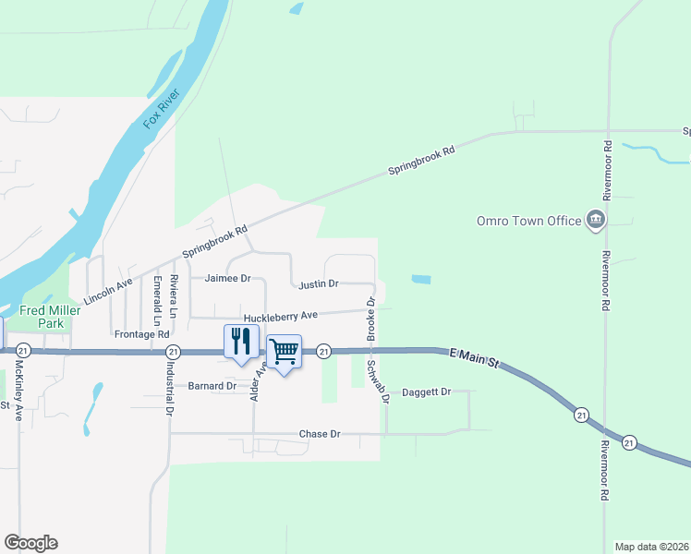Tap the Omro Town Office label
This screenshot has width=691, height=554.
point(528,222)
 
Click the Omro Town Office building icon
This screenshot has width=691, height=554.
point(596,220)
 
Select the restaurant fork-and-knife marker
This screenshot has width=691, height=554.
point(240,342)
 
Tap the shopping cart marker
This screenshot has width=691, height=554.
point(285,351)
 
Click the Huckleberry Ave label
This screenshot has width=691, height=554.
point(280,315)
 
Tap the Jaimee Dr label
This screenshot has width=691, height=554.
point(227,278)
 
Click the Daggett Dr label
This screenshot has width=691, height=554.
point(426,392)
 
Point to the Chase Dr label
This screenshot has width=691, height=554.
point(320,434)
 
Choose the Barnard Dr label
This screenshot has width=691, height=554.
point(212,386)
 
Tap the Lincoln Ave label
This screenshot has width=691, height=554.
point(108,291)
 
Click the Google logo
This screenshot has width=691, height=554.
point(30,543)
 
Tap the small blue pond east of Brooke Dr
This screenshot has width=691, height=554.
point(420,279)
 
